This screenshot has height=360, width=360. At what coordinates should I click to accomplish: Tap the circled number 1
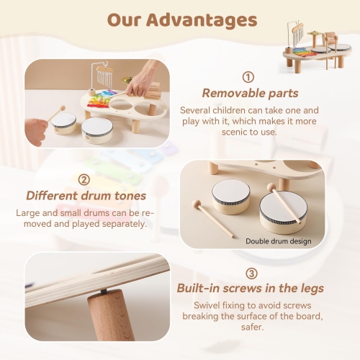[x=248, y=77]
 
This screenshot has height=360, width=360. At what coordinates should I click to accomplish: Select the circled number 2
[x=84, y=179]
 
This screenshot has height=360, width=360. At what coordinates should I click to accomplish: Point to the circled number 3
[x=251, y=274]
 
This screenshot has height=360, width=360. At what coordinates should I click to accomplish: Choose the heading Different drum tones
[x=86, y=195]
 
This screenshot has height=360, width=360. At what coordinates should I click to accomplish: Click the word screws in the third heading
[x=256, y=289]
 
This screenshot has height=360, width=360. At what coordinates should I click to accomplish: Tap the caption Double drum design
[x=279, y=240]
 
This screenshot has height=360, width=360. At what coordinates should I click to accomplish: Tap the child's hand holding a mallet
[x=35, y=128]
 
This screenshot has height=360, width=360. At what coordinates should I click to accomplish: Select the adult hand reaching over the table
[x=148, y=76]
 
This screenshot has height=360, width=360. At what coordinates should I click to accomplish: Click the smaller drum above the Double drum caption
[x=230, y=194]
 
